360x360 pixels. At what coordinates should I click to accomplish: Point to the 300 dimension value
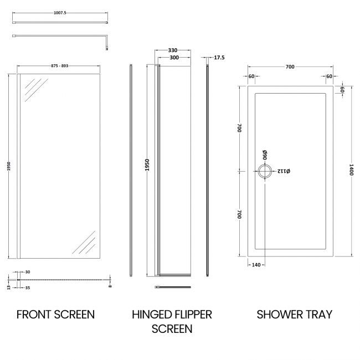[174, 58]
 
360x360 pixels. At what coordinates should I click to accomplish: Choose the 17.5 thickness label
[220, 58]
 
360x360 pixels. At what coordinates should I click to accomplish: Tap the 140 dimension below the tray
[256, 265]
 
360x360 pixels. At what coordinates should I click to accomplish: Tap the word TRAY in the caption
[318, 315]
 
